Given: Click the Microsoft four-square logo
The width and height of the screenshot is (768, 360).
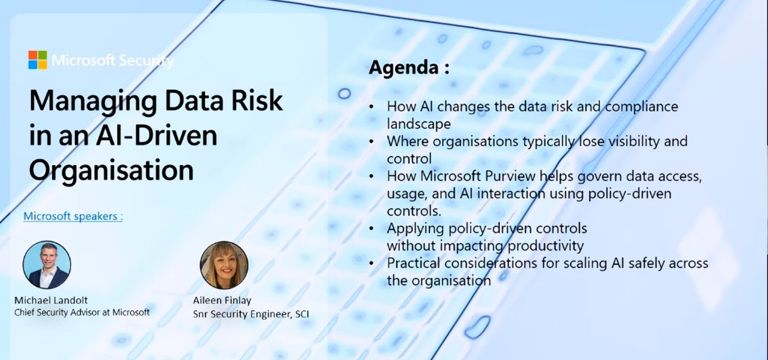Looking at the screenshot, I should [x=37, y=60].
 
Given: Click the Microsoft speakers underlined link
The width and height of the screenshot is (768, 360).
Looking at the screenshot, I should [x=73, y=216].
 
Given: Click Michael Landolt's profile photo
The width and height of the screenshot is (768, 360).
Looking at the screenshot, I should [x=47, y=265].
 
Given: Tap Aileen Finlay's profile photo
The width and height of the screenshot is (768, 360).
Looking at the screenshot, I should [x=224, y=265].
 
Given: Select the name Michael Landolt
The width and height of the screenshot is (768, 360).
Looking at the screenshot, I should [x=51, y=301].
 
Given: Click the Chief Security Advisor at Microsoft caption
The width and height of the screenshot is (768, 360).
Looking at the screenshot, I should [x=82, y=312].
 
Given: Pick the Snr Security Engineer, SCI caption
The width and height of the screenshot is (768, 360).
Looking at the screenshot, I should [x=251, y=314].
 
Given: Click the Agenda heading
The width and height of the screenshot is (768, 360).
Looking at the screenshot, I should [x=409, y=68].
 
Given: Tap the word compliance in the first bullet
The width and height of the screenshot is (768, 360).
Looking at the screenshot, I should [x=641, y=107].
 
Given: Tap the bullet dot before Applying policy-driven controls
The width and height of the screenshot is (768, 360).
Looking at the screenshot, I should [x=372, y=228].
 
